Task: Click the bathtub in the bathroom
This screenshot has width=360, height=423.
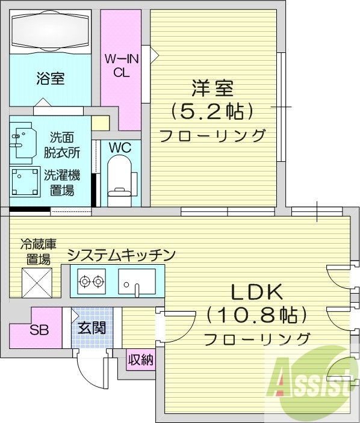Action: tap(50, 31)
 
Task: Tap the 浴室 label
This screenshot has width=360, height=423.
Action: tap(51, 78)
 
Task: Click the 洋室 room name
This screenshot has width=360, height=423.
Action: tap(212, 89)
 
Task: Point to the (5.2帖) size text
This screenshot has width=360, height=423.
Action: tap(211, 111)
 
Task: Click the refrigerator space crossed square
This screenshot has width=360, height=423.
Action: tap(37, 282)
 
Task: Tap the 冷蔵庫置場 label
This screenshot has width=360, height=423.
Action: tap(38, 252)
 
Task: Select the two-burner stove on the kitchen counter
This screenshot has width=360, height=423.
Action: tap(90, 280)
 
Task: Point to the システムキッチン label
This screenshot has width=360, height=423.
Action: tap(120, 255)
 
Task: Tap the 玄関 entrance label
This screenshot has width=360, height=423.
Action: tap(92, 328)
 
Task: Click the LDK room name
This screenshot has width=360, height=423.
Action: tap(257, 292)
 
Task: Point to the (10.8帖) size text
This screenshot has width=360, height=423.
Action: tap(257, 315)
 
